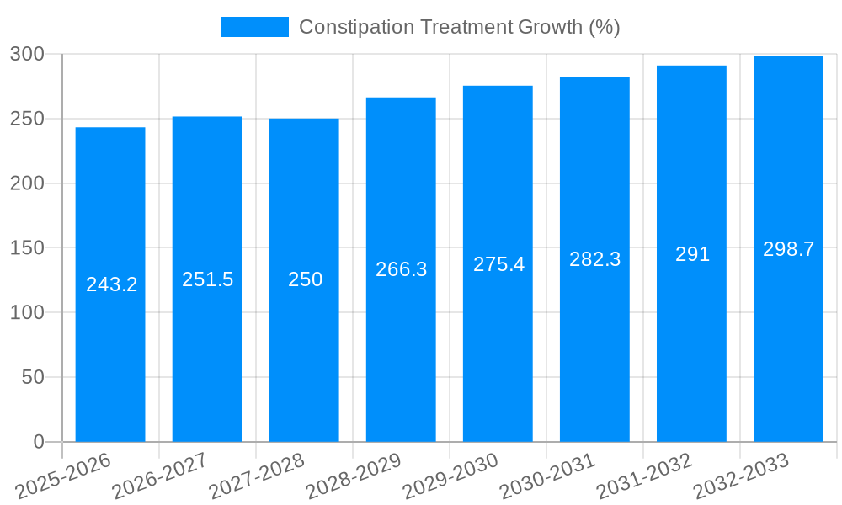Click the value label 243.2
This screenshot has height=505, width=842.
coord(111,284)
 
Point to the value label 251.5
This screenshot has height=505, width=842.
coord(207,279)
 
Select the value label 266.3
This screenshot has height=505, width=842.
coord(401,269)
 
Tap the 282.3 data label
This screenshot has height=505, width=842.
coord(594,259)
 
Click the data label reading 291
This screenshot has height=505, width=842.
coord(692,254)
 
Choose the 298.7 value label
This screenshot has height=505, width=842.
coord(788,249)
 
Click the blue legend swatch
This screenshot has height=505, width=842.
coord(254,27)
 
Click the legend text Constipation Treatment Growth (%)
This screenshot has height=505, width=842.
coord(459,27)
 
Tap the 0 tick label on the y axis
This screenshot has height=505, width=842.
coord(38,442)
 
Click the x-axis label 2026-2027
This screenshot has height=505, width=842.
coord(160,476)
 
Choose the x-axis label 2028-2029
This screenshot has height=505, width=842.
coord(354,476)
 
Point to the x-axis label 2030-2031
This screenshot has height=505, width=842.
coord(547,476)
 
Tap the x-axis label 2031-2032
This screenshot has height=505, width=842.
coord(644,476)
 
